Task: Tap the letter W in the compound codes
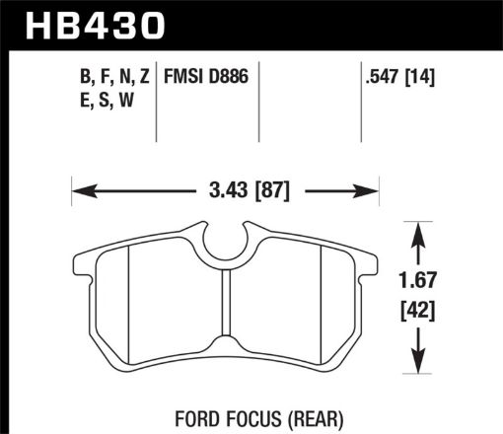(x=127, y=97)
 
